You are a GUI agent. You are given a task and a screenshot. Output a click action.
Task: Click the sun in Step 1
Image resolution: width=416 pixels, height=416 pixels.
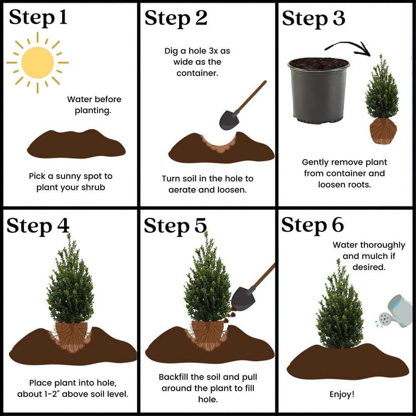click(37, 62)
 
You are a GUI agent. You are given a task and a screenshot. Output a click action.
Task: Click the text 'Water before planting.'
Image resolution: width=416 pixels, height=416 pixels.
click(94, 105)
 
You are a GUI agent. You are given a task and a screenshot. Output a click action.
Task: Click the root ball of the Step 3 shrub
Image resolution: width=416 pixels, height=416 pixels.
click(383, 131)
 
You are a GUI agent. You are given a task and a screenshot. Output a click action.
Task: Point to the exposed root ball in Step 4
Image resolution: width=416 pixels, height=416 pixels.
click(71, 335)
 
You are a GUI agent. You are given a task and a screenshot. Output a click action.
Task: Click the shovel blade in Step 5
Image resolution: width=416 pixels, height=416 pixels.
click(243, 297)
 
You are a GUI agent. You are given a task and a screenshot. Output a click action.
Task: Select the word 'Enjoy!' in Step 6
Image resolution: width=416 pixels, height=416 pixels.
click(342, 394)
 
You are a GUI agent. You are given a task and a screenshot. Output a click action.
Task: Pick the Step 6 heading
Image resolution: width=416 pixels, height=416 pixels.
click(312, 225)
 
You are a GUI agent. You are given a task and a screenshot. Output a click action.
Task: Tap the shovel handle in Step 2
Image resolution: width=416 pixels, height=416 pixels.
click(252, 96)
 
